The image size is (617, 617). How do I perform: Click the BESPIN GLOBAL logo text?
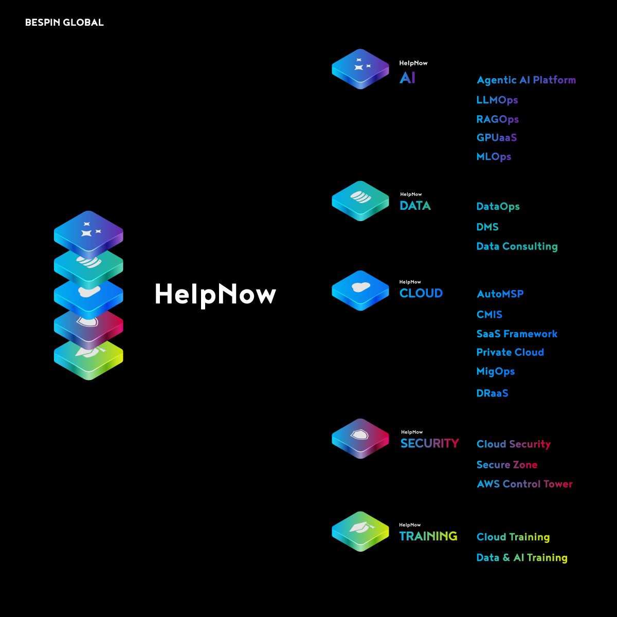(64, 23)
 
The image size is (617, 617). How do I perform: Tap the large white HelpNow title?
(215, 294)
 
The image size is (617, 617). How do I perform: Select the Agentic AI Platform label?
(526, 80)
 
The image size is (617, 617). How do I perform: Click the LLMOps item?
(497, 100)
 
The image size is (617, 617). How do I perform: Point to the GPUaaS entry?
(496, 138)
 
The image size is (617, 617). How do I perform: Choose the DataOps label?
(498, 207)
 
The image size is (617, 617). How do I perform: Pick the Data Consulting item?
(517, 246)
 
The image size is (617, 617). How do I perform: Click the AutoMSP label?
(500, 294)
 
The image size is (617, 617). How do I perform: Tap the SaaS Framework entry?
(517, 334)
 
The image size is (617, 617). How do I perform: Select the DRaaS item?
(492, 393)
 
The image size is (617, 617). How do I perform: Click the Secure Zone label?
(506, 465)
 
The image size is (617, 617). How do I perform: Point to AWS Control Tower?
(524, 484)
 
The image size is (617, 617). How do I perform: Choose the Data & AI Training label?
(522, 558)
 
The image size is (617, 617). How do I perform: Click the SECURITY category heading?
(429, 443)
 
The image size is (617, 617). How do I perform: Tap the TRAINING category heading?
(428, 536)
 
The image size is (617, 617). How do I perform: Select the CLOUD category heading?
(421, 293)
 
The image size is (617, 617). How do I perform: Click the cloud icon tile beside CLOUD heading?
(360, 289)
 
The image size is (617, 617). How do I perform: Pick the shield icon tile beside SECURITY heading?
(360, 437)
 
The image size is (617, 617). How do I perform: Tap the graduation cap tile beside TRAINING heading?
(360, 530)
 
